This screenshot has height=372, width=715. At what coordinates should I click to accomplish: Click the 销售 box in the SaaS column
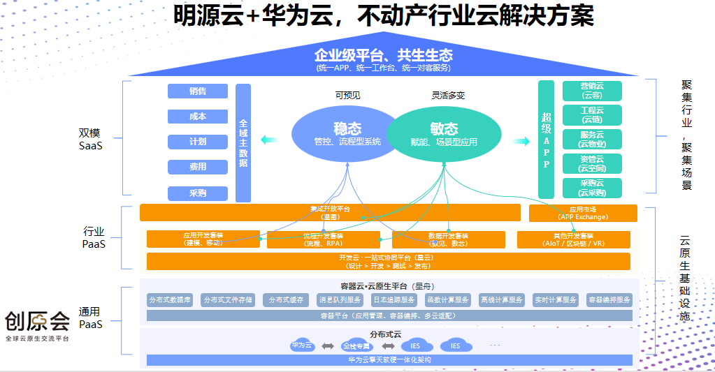click(198, 91)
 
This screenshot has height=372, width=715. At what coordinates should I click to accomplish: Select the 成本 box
click(198, 117)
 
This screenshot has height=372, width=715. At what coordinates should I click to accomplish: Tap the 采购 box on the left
click(198, 193)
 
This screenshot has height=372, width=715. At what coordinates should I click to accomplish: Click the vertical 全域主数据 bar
click(243, 143)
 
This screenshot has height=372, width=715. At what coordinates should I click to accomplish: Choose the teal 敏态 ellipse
click(444, 133)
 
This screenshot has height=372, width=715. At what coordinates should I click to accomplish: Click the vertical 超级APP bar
click(547, 139)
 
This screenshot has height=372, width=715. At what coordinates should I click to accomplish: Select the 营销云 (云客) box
click(592, 91)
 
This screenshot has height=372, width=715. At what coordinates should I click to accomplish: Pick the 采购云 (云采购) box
click(592, 188)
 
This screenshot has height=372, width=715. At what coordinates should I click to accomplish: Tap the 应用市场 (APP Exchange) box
click(583, 213)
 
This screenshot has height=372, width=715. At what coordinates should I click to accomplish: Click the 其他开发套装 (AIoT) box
click(573, 239)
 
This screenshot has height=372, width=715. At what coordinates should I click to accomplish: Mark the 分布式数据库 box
click(170, 299)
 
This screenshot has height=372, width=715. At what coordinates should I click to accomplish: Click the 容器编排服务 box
click(609, 299)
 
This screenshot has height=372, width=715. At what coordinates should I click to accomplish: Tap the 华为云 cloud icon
click(302, 345)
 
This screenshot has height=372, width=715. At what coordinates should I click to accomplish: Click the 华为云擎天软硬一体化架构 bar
click(389, 360)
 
